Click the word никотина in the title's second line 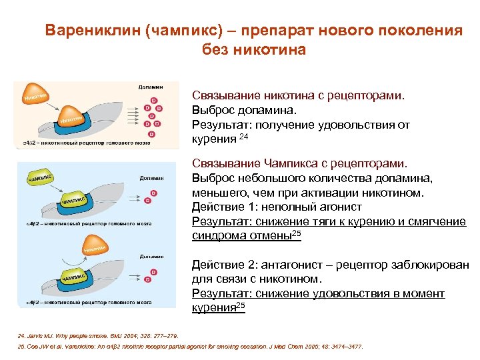[270, 50]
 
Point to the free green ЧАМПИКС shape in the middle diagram [40, 179]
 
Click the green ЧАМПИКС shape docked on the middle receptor [74, 201]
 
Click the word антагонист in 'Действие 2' [288, 265]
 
